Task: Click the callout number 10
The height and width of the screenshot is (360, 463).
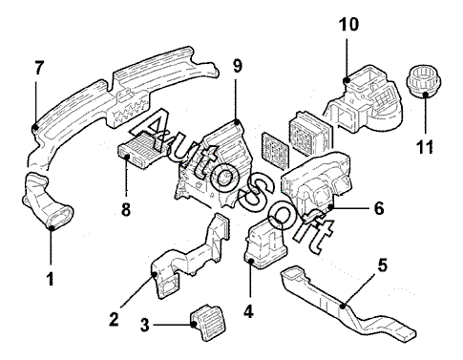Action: coord(348,24)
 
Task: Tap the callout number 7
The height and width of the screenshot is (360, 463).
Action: coord(39,68)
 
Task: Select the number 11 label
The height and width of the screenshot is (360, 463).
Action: coord(425,147)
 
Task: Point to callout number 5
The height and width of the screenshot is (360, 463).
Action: coord(383,265)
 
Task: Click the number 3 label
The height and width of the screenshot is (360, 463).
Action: coord(145,325)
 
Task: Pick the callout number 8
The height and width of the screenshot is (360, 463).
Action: coord(126,209)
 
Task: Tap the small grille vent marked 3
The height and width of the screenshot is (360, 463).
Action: coord(203,322)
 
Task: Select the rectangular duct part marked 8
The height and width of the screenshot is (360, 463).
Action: coord(142,149)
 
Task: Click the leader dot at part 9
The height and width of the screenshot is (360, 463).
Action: coord(237,121)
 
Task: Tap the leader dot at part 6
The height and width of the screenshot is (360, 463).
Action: coord(331,207)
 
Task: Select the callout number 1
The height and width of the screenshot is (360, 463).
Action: coord(51,279)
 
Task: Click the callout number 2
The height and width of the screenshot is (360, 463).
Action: coord(114,319)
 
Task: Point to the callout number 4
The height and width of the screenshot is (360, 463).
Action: coord(248,311)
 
